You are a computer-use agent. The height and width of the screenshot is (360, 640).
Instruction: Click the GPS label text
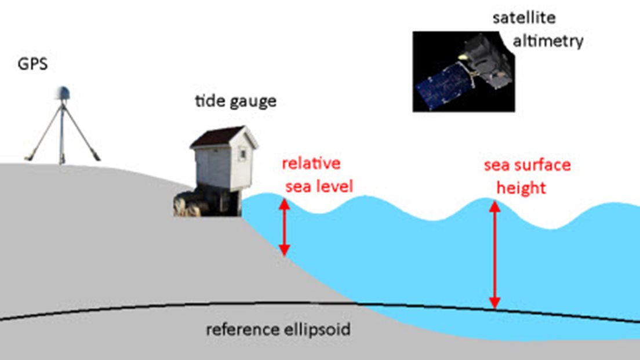click(x=32, y=64)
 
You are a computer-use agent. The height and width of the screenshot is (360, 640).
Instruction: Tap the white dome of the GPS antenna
click(x=63, y=92)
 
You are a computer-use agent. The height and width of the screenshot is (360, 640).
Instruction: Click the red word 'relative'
click(x=311, y=163)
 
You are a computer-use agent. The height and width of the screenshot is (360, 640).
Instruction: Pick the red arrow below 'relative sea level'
click(x=284, y=227)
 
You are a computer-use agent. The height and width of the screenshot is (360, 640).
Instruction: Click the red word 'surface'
click(x=543, y=165)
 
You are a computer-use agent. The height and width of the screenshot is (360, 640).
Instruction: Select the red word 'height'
click(x=522, y=188)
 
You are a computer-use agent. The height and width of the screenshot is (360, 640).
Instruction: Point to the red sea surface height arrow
click(x=494, y=255)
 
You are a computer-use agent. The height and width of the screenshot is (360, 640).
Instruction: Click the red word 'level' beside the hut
click(x=335, y=187)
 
